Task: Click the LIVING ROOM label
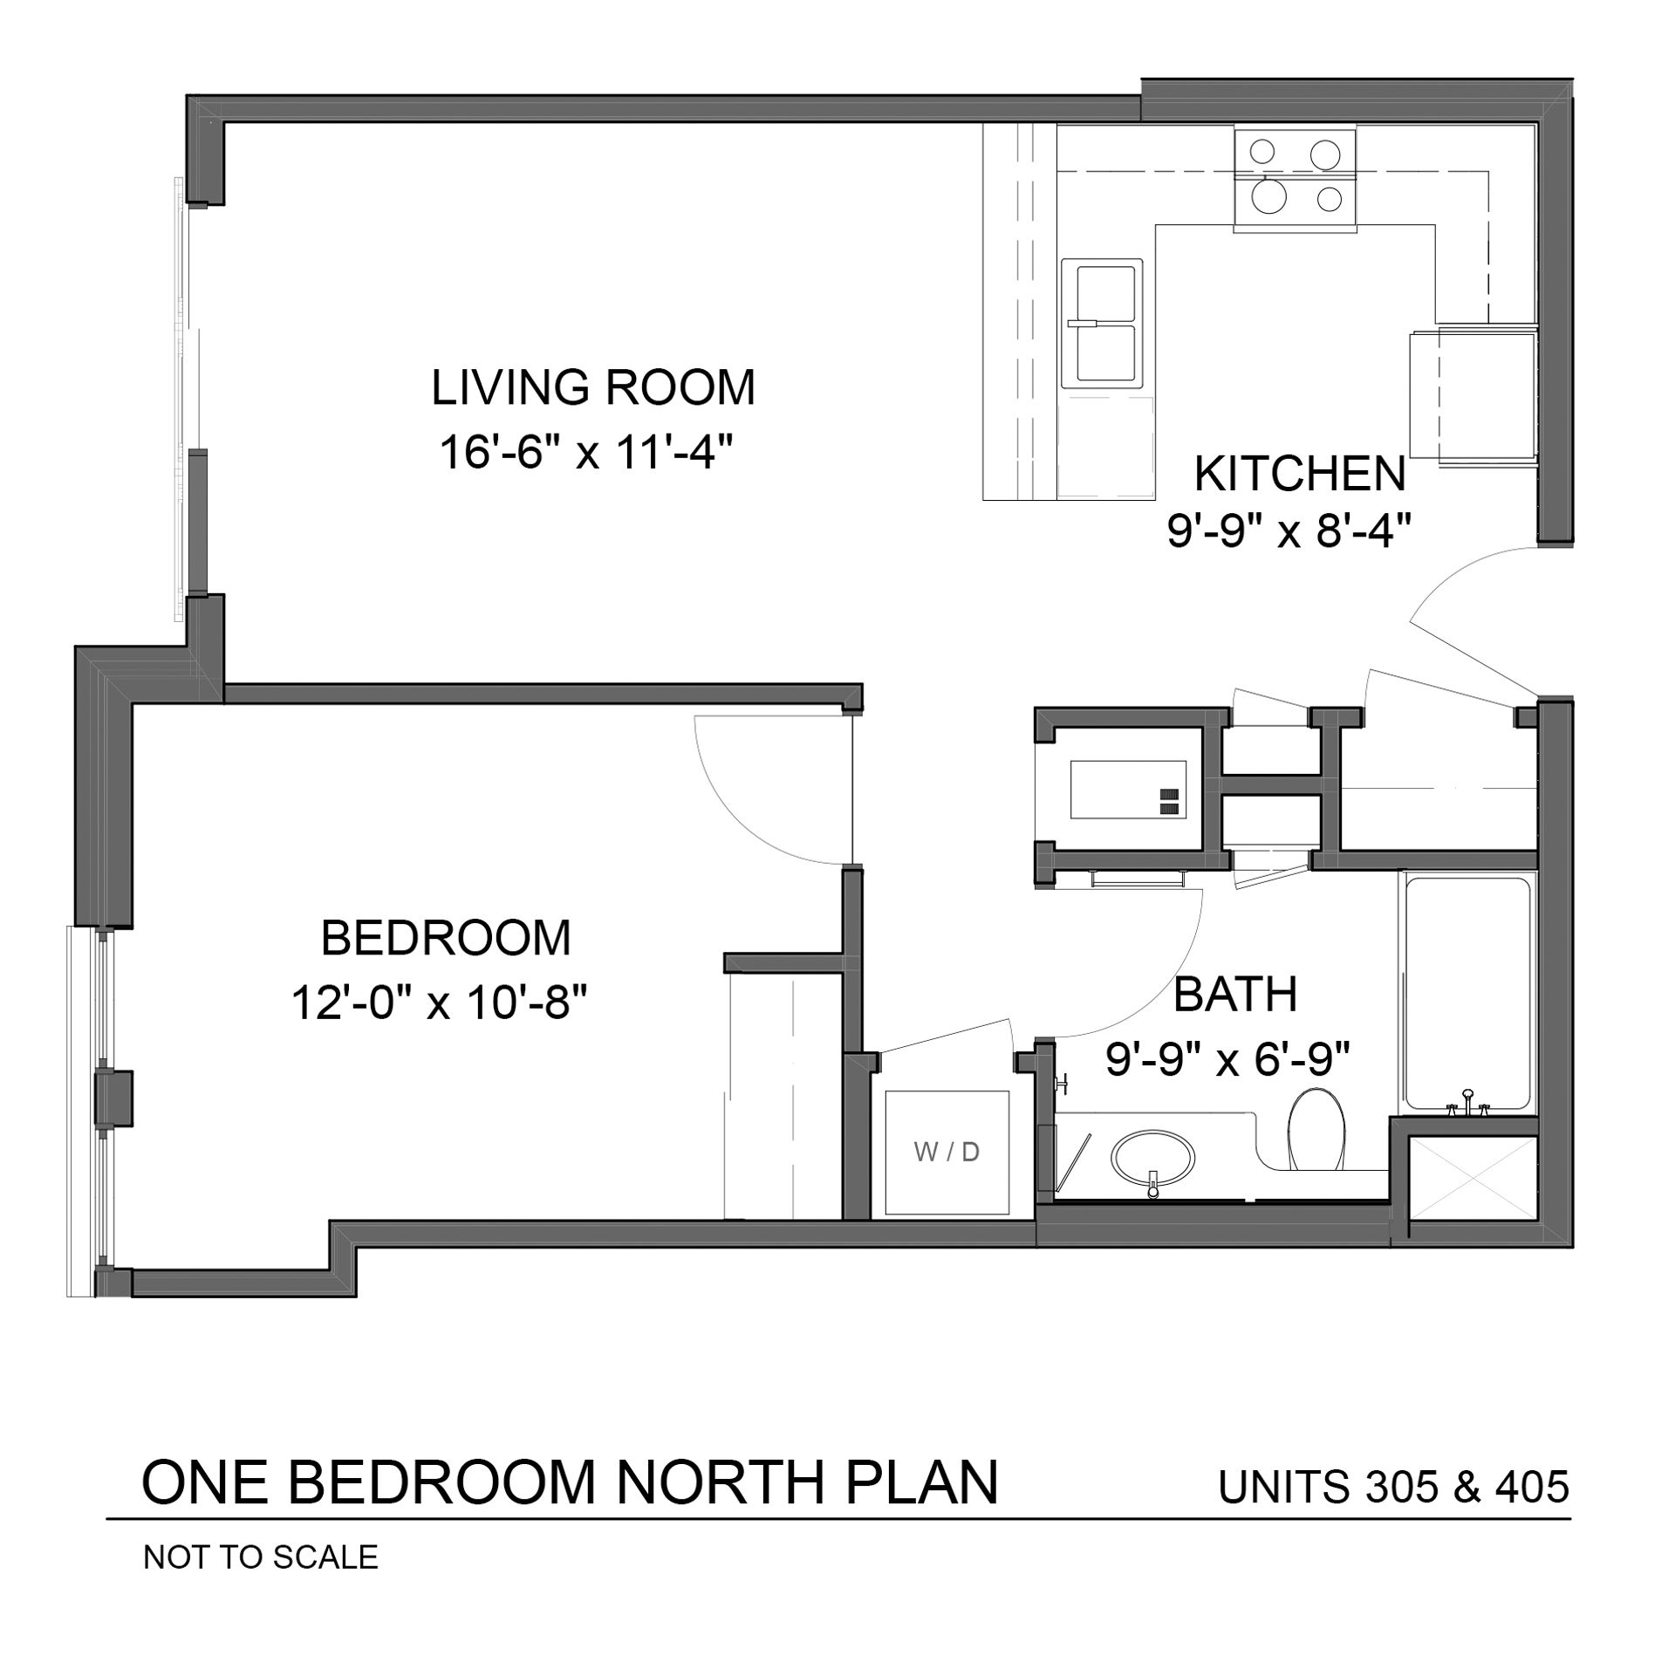pyautogui.click(x=593, y=387)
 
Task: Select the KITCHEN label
pyautogui.click(x=1300, y=474)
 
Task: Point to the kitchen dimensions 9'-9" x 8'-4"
pyautogui.click(x=1289, y=530)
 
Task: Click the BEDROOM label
pyautogui.click(x=446, y=938)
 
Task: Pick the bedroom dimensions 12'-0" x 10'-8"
pyautogui.click(x=436, y=1002)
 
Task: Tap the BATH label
pyautogui.click(x=1235, y=995)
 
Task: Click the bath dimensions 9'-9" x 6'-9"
pyautogui.click(x=1228, y=1059)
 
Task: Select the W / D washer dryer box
pyautogui.click(x=947, y=1153)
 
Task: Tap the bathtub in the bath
pyautogui.click(x=1467, y=996)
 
